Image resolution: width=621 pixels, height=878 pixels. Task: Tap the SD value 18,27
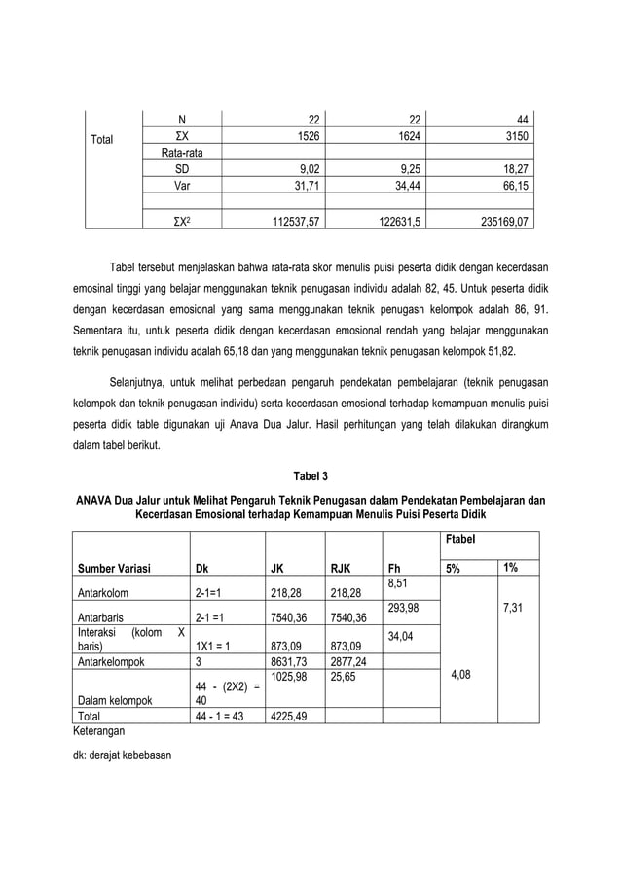point(516,169)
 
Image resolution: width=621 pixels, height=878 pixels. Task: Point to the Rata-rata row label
point(181,154)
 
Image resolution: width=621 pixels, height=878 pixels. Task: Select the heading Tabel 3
point(310,476)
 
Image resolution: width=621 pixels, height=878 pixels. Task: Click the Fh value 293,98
point(404,608)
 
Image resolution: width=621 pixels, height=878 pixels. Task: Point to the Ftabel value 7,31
point(515,608)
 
